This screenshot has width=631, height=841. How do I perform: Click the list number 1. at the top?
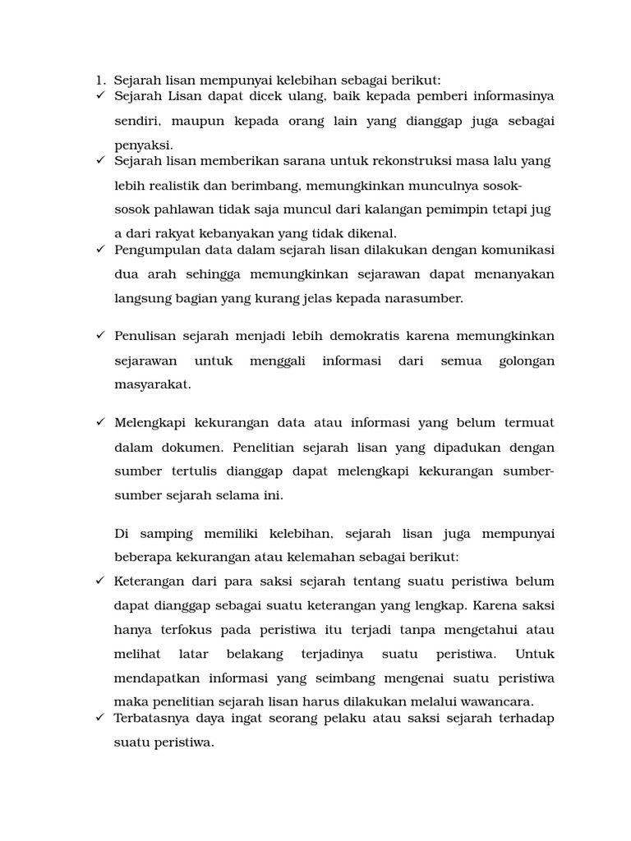99,80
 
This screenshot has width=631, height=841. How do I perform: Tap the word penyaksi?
144,145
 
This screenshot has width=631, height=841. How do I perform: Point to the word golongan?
527,361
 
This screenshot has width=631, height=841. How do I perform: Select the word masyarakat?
152,384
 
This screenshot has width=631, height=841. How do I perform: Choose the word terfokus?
190,630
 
